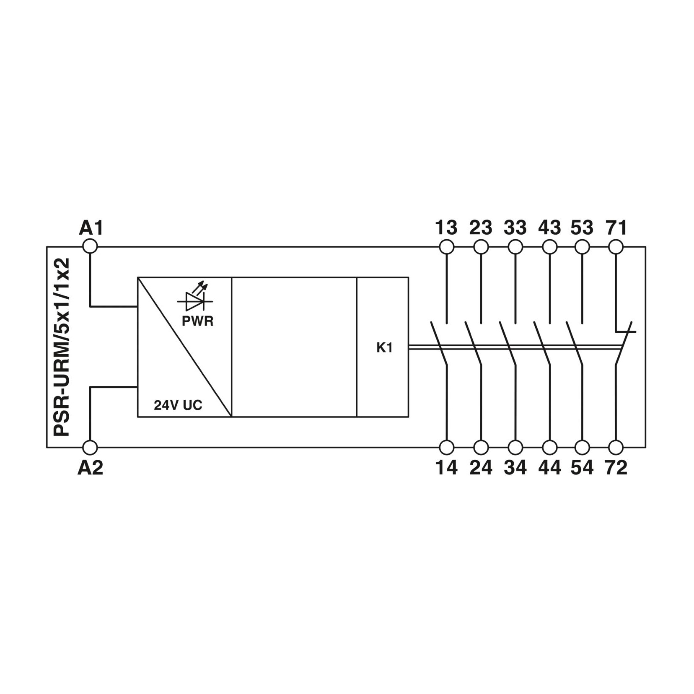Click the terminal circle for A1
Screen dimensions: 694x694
point(90,246)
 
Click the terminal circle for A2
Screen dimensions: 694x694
point(90,448)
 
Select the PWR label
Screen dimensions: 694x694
point(197,321)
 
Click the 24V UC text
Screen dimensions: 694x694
point(178,405)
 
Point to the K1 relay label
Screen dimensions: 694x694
point(384,347)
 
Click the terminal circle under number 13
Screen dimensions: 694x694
point(447,247)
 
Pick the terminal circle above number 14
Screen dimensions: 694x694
point(447,448)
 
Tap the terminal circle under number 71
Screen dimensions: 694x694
point(616,247)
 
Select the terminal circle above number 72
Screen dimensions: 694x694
point(616,448)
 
